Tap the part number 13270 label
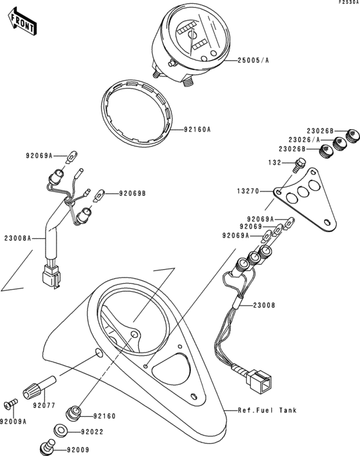coord(249,191)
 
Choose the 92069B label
coord(131,193)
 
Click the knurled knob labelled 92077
coord(36,388)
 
